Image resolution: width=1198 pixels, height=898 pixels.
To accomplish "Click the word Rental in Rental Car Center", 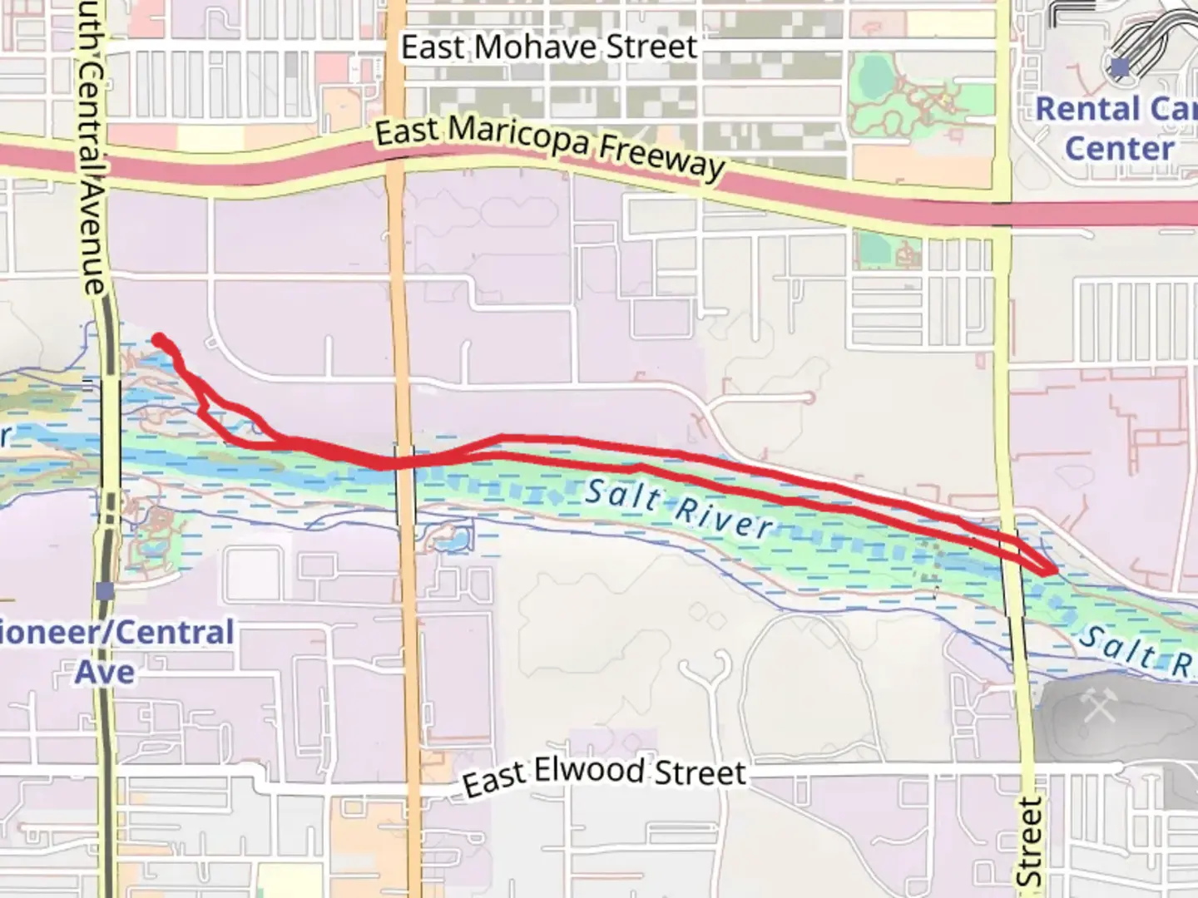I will click(1087, 109).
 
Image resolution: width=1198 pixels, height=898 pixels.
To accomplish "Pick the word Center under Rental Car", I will click(1119, 149).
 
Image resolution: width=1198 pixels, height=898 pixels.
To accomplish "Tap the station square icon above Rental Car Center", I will click(1121, 67).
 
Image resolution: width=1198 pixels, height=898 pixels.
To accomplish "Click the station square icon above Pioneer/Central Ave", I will click(105, 591).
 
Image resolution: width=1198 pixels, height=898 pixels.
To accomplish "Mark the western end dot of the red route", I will click(158, 338).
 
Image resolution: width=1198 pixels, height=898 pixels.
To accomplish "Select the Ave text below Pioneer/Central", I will click(105, 671).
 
